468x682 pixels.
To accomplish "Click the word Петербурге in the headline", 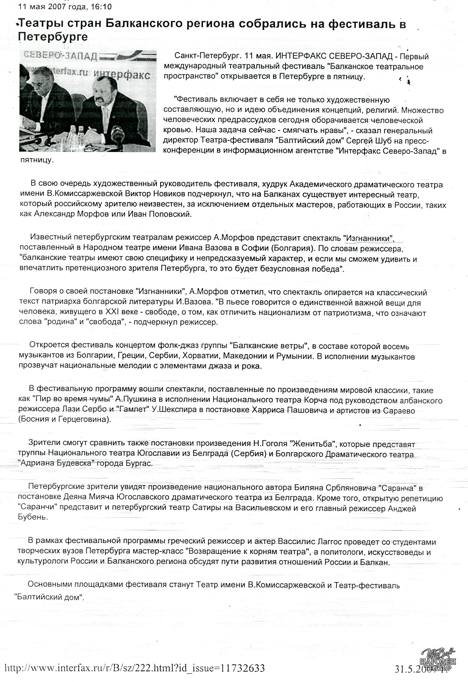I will pyautogui.click(x=53, y=37).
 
